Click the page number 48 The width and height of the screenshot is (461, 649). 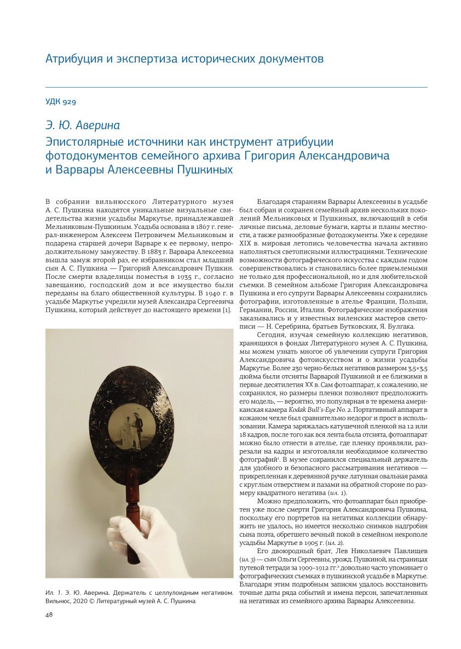tap(49, 614)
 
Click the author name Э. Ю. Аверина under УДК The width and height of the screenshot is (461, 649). tap(82, 125)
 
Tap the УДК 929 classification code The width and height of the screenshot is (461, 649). tap(60, 102)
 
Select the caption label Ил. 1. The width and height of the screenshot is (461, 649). tap(53, 593)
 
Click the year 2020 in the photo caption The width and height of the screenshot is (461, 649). tap(75, 601)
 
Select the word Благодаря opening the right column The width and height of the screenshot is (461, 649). tap(273, 202)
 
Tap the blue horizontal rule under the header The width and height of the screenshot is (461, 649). tap(236, 87)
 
